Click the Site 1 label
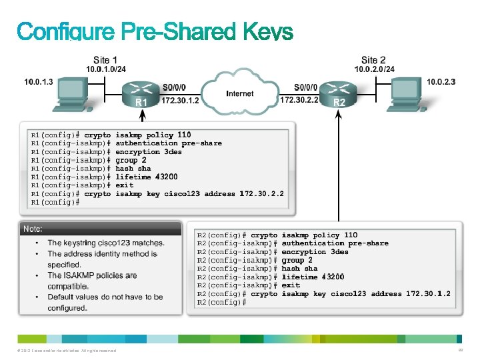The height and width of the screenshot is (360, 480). click(x=105, y=60)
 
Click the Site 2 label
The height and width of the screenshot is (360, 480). click(x=373, y=60)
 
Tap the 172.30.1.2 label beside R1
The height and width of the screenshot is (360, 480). click(x=180, y=100)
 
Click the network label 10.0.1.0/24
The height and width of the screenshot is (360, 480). click(x=105, y=69)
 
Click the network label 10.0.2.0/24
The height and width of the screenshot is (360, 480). click(x=373, y=69)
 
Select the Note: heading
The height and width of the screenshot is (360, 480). click(x=33, y=229)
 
